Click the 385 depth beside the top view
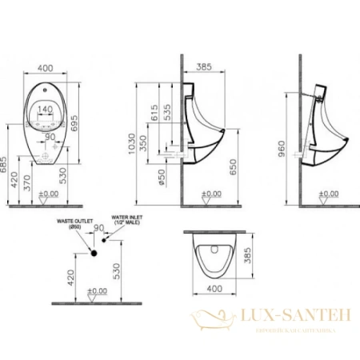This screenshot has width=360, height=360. point(247,254)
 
